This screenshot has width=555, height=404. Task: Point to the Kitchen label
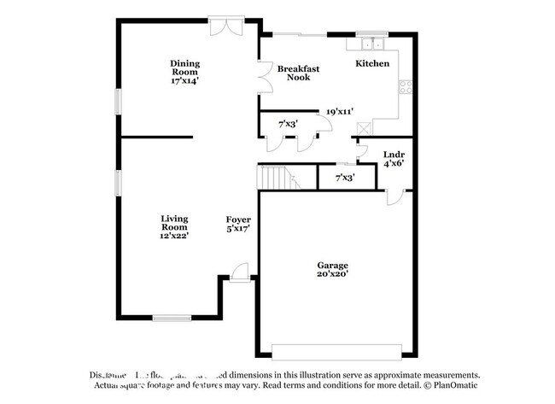(372, 63)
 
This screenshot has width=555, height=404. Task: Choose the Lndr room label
(393, 154)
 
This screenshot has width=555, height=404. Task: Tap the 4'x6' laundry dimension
(393, 162)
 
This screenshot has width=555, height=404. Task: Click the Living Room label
(174, 222)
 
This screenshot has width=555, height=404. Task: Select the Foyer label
(238, 220)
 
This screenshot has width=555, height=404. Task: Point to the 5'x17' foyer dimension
(238, 229)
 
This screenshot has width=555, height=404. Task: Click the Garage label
(332, 265)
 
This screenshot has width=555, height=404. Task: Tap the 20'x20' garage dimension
(332, 274)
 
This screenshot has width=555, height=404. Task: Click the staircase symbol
(277, 179)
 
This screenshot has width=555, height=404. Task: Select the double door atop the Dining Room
(228, 26)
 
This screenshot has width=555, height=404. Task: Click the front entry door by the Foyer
(239, 272)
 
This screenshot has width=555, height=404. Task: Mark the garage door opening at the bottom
(336, 348)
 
